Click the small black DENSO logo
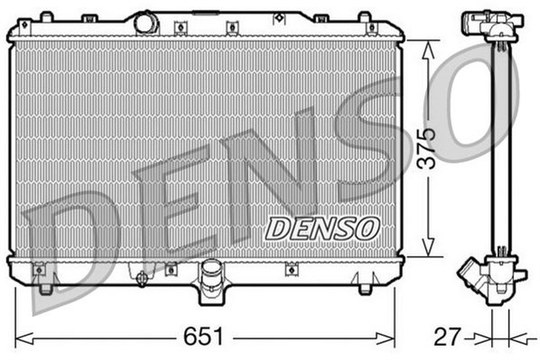point(322,225)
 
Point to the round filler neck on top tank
point(148,19)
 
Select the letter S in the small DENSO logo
point(347,225)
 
